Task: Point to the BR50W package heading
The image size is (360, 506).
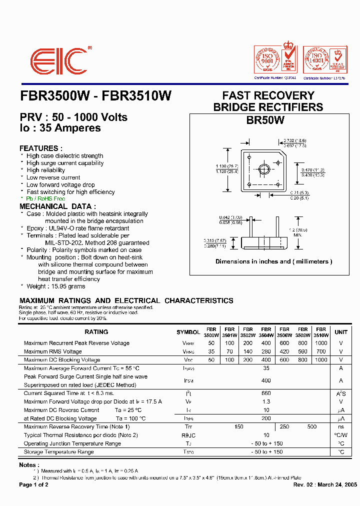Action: point(265,120)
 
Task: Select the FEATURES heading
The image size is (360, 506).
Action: point(41,148)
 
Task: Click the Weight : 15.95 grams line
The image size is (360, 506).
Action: point(55,286)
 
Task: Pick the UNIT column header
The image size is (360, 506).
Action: point(341,332)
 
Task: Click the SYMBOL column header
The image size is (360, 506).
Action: point(188,332)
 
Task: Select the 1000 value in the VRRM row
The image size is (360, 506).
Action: point(321,343)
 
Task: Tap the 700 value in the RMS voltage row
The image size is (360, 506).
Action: point(321,351)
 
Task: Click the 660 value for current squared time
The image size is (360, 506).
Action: point(266,393)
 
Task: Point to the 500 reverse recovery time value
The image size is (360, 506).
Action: point(312,427)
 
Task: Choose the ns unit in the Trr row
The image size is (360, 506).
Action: point(341,427)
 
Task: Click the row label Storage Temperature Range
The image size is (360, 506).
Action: point(58,452)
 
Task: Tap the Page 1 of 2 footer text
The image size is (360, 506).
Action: point(34,485)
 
